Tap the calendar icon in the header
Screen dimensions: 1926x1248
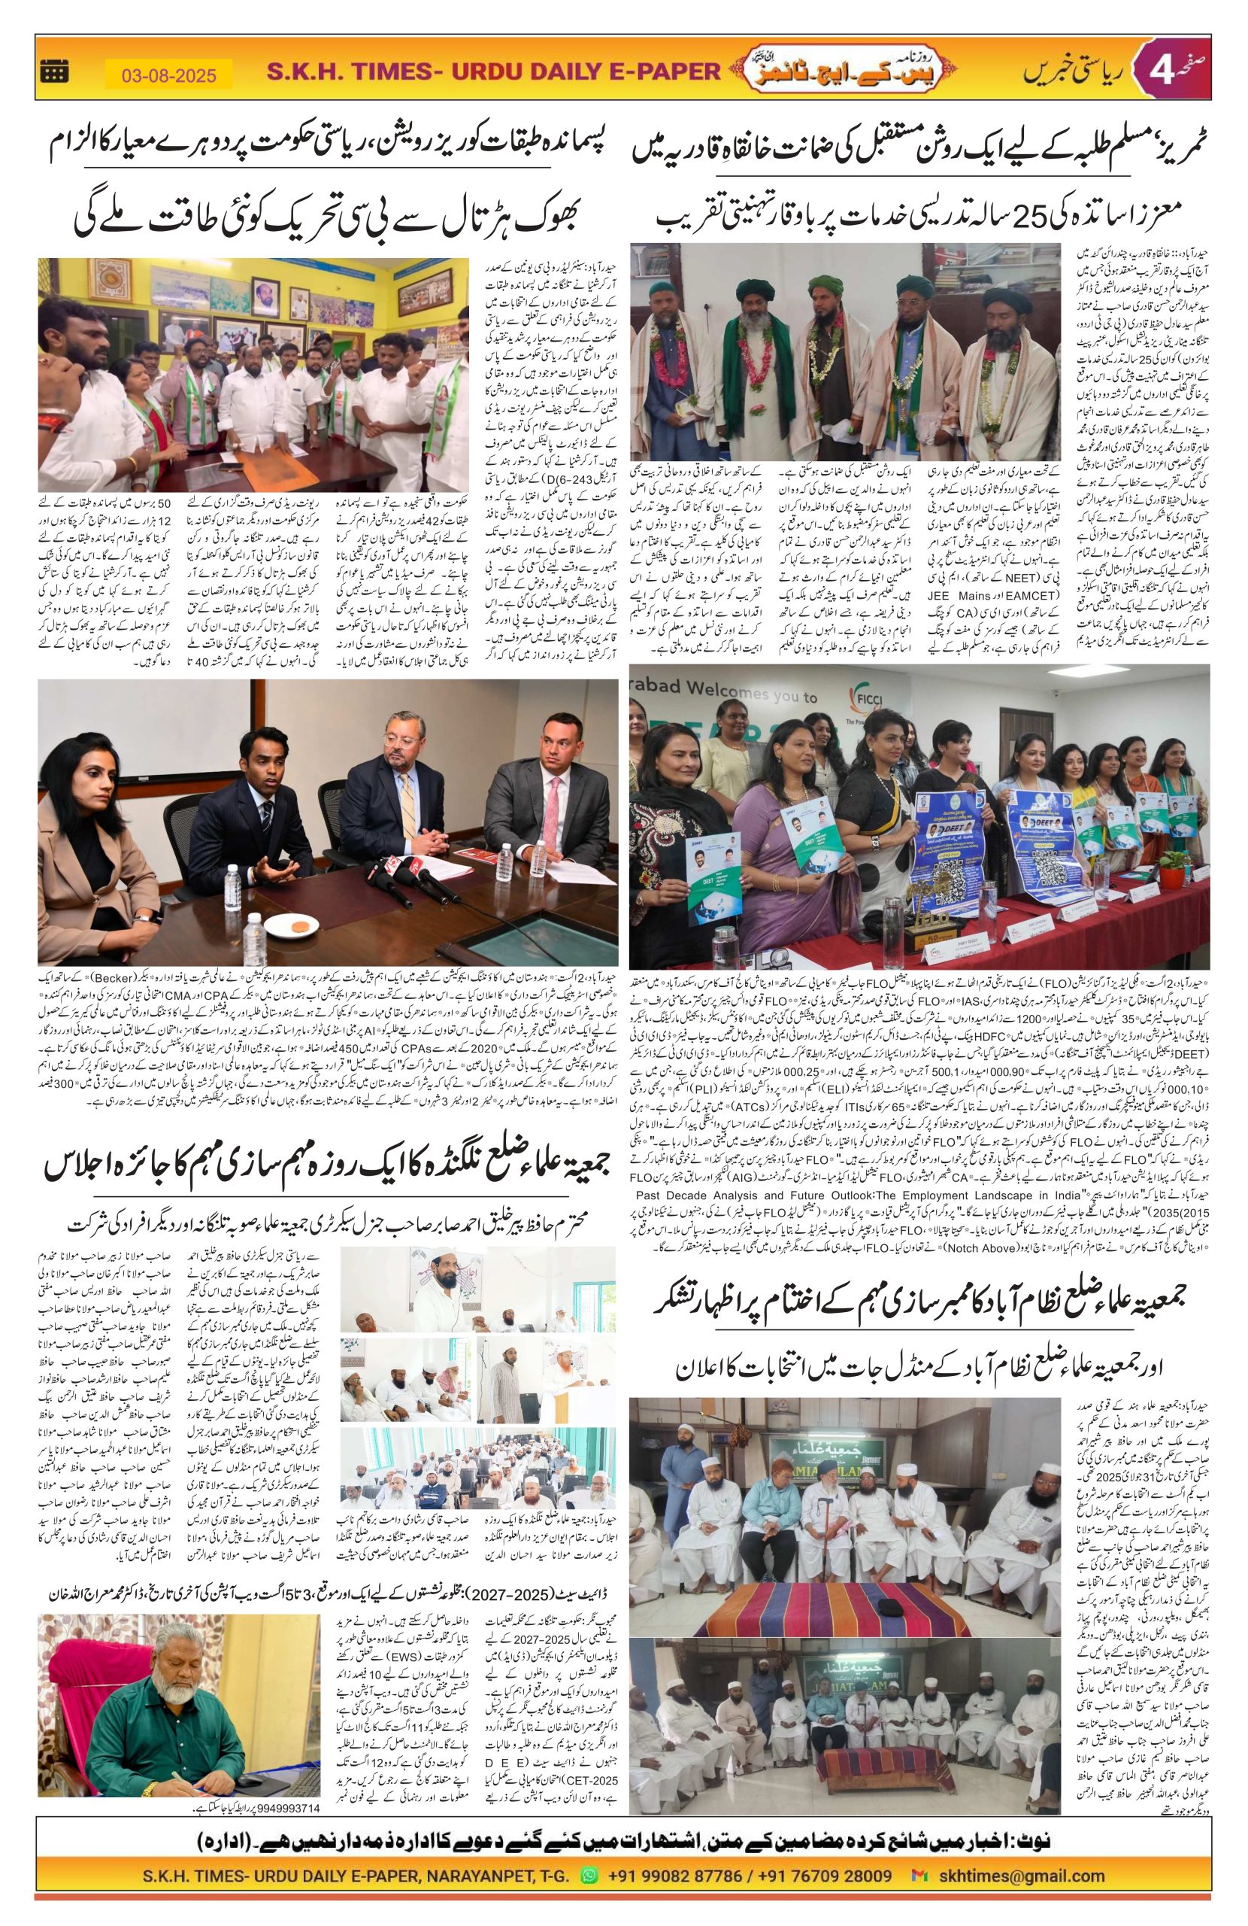pos(54,72)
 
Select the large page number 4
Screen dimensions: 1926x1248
pos(1154,72)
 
